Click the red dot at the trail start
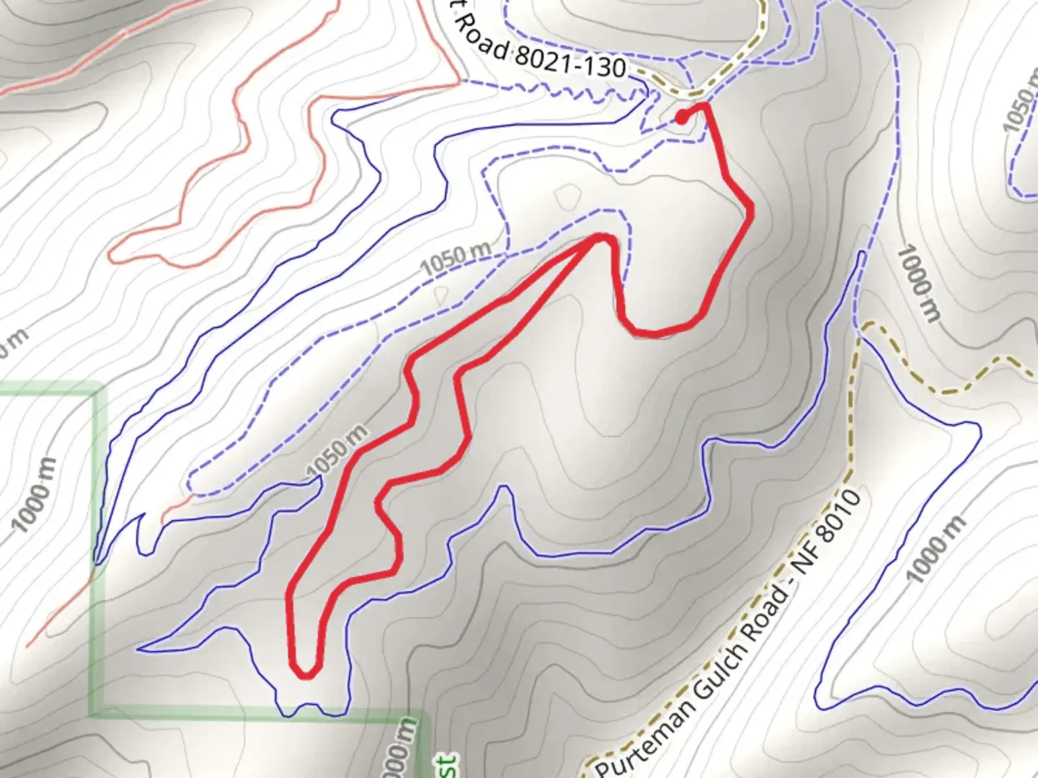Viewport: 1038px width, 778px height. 681,118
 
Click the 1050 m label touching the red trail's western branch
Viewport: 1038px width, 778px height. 337,452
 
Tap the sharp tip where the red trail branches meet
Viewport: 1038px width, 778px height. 603,237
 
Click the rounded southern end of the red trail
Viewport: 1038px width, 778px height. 306,674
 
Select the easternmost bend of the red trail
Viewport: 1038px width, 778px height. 750,209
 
